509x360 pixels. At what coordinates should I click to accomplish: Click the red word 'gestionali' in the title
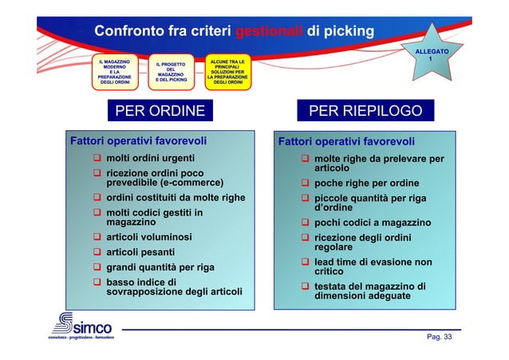269,31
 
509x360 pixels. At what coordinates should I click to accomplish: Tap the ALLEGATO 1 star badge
431,55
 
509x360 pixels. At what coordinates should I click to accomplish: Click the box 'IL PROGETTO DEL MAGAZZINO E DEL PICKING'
171,72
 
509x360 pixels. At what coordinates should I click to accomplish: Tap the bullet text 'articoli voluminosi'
148,237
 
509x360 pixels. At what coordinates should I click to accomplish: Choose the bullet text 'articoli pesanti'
140,252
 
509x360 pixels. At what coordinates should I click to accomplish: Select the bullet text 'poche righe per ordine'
366,183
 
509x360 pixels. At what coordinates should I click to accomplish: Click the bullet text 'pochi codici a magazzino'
373,223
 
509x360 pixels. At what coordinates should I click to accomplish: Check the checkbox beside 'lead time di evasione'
305,262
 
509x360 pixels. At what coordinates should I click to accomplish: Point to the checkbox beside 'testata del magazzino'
305,287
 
